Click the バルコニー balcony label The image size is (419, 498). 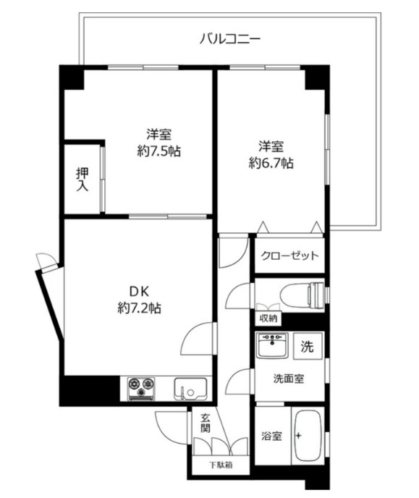click(230, 38)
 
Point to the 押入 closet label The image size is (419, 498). click(82, 179)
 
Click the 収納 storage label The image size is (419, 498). click(268, 318)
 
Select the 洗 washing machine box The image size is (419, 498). click(308, 346)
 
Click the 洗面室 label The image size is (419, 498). click(289, 378)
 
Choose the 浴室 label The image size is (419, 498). click(271, 436)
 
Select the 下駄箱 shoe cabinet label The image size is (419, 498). click(221, 465)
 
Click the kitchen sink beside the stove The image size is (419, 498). click(191, 389)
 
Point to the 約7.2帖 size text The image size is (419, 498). click(140, 308)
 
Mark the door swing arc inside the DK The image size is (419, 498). click(196, 340)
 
